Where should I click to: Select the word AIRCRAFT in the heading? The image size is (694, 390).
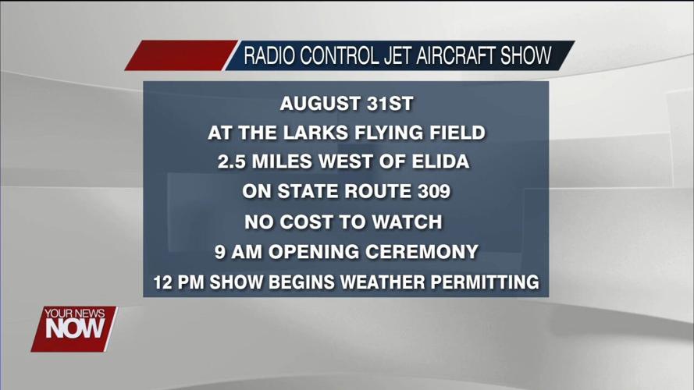click(x=459, y=57)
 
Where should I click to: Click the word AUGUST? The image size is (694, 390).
click(x=319, y=103)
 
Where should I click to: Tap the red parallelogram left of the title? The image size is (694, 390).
click(x=180, y=56)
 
